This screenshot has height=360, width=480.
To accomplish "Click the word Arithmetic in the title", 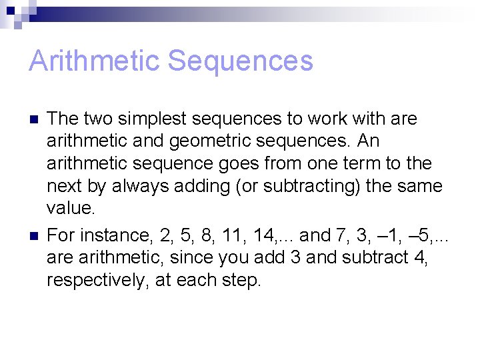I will point(94,61).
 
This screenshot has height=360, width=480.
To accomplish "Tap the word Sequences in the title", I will point(241,61).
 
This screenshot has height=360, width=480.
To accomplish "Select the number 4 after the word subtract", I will point(421,258).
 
